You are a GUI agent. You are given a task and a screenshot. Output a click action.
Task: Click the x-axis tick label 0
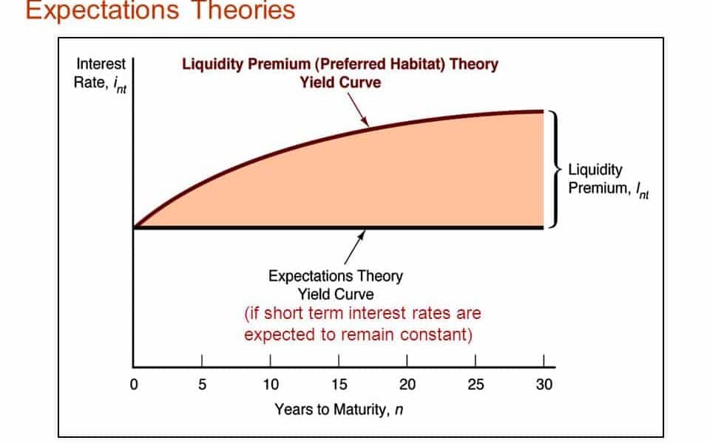coord(134,384)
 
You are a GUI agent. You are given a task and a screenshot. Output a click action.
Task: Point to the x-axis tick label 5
coord(202,384)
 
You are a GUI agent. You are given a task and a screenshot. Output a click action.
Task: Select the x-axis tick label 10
coord(271,384)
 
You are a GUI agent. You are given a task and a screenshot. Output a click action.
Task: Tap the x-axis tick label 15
coord(339,384)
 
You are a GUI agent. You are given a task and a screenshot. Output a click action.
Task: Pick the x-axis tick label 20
coord(408,384)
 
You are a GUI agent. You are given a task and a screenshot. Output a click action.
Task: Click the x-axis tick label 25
coord(476,384)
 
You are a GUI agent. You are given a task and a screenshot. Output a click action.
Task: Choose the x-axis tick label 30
coord(544,384)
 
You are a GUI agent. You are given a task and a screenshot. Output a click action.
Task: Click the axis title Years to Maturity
coord(339,410)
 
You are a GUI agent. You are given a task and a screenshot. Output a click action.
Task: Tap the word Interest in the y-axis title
coord(101,63)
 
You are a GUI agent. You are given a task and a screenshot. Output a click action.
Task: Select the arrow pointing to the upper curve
coord(358,109)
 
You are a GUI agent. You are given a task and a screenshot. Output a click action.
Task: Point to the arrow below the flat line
coord(354,247)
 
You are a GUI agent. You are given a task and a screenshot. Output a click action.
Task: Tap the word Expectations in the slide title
coord(102,10)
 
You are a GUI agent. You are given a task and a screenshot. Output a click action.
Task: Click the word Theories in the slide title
coord(243,10)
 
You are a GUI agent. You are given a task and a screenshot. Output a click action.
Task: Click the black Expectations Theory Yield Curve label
coord(336,285)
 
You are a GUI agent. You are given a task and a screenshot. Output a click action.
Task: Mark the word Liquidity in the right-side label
coord(595,170)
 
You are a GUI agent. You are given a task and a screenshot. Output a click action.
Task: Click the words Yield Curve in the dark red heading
coord(340,83)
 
